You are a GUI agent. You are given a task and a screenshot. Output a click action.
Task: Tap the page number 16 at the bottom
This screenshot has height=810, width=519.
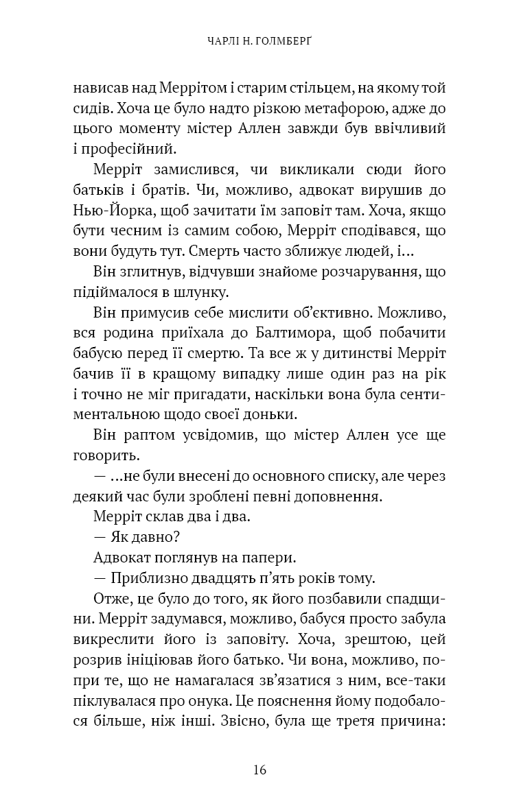point(259,770)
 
